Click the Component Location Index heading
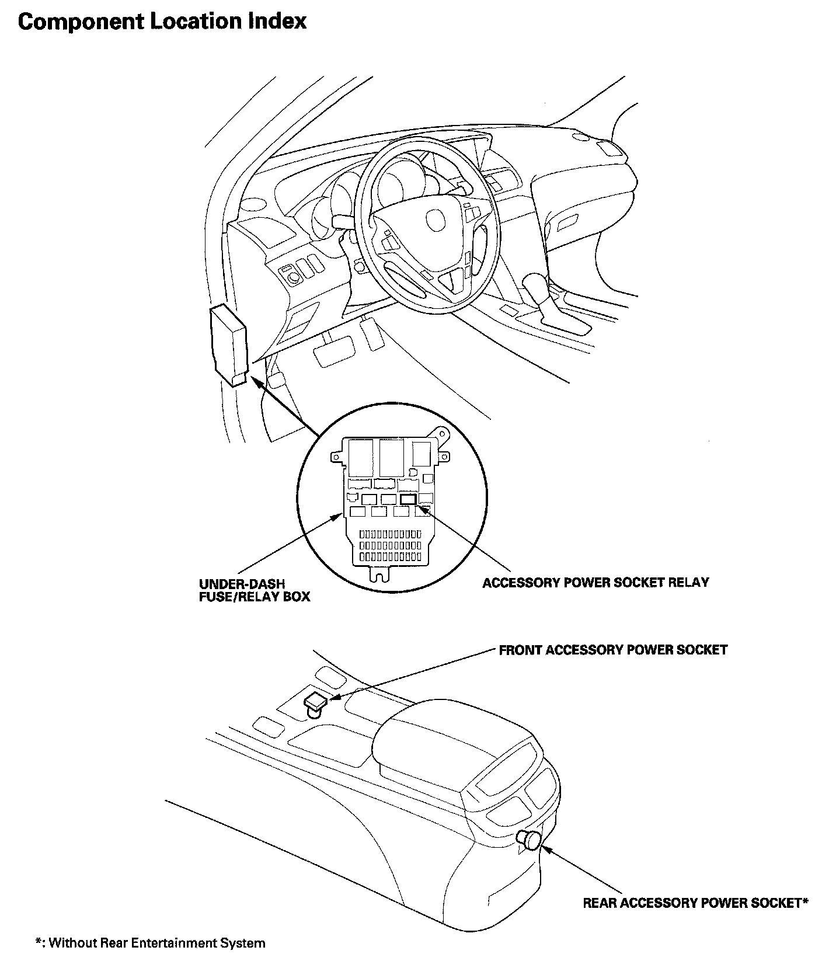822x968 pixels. point(162,22)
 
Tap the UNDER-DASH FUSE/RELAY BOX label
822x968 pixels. point(254,590)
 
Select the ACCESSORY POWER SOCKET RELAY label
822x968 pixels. point(595,583)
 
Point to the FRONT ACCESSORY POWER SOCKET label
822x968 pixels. point(613,650)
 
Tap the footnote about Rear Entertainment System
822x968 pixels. point(150,943)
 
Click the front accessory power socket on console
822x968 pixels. point(315,702)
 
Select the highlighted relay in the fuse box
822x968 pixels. point(408,499)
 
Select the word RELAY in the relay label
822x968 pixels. point(689,583)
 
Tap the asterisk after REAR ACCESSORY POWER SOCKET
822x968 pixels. point(804,902)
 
